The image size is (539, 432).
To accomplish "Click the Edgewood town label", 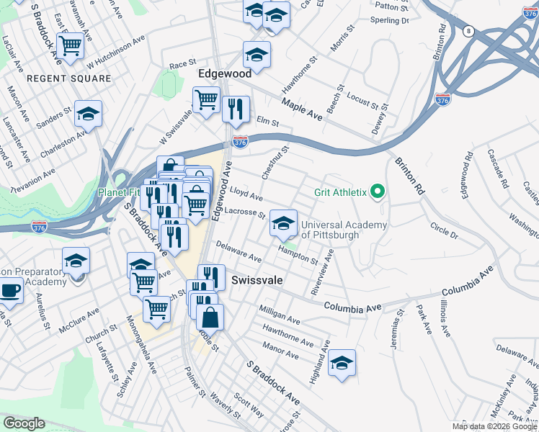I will pos(225,74).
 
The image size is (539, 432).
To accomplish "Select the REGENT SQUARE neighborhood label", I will pos(68,78).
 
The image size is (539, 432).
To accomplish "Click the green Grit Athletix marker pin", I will pos(376,192).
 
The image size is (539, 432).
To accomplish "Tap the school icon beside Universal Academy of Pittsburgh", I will pos(284,223).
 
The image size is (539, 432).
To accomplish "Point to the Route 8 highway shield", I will pos(469,31).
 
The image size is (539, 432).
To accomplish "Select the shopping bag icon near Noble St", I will pos(210,317).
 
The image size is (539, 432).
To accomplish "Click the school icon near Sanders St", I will pos(88,114).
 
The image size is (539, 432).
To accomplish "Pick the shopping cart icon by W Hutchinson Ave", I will pos(71,46).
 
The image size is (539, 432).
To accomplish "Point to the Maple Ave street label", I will pos(302,109).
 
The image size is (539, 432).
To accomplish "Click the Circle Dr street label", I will pos(444,230).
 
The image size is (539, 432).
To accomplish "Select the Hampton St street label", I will pos(298,253).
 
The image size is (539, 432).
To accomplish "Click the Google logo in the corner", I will pos(24,423).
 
